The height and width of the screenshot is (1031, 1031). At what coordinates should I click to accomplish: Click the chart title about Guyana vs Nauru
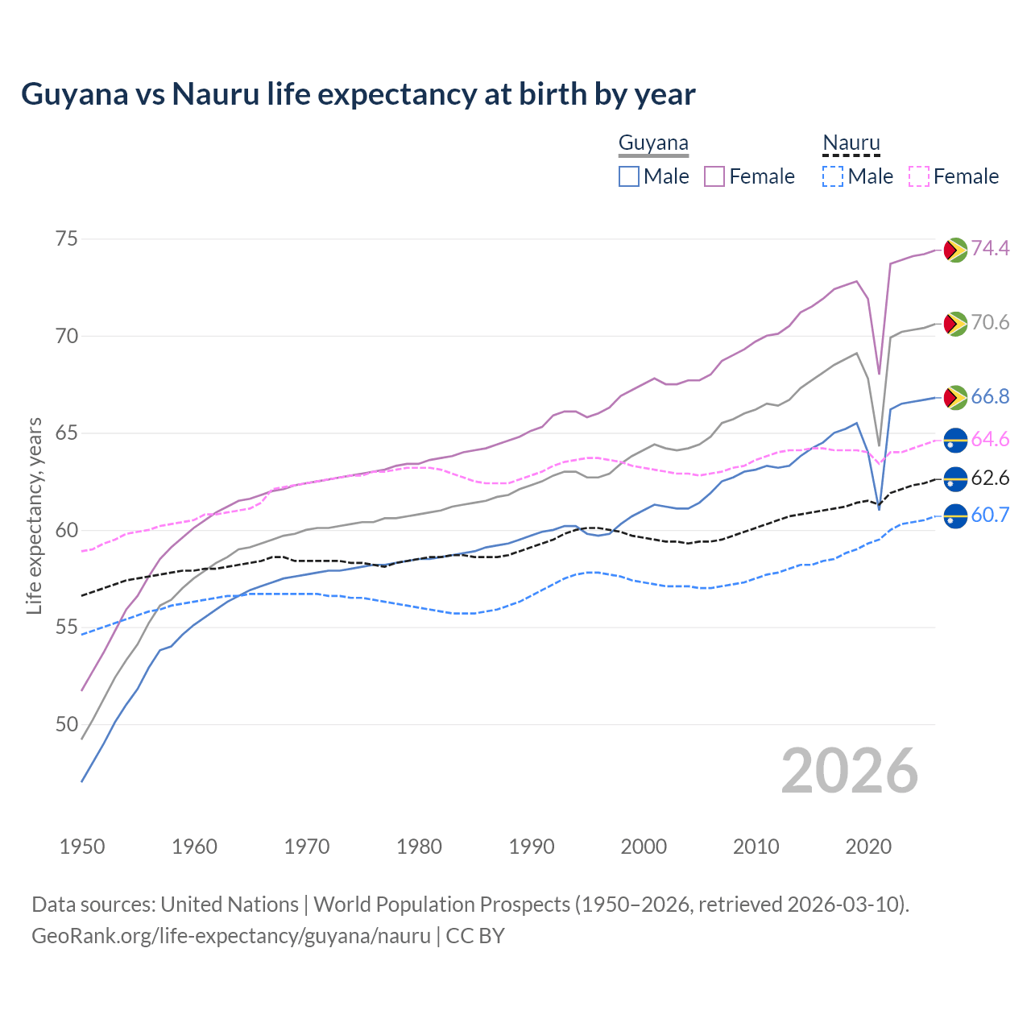[358, 94]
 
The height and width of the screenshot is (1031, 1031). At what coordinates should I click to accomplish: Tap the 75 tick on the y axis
[67, 239]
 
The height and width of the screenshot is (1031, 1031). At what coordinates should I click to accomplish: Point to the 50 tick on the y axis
[67, 724]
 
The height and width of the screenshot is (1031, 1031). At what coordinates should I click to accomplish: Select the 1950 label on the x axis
[82, 847]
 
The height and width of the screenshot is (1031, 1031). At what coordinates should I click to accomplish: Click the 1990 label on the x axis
[532, 847]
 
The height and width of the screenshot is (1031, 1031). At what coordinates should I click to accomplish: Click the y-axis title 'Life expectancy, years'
[34, 515]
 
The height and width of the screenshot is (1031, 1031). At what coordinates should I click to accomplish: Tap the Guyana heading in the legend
[653, 143]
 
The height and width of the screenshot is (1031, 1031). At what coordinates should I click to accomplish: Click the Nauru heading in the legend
[851, 143]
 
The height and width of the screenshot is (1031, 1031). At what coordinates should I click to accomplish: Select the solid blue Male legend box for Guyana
[629, 176]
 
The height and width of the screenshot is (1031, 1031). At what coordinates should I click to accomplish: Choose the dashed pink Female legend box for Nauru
[919, 176]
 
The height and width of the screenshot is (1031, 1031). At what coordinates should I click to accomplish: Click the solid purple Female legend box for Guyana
[714, 176]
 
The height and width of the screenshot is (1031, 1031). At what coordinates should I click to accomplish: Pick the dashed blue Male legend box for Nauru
[833, 176]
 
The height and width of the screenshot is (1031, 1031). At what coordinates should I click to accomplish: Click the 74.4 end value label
[990, 248]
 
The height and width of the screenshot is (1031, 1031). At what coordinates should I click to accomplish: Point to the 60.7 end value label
[990, 515]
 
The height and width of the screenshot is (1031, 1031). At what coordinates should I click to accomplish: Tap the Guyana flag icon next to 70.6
[954, 324]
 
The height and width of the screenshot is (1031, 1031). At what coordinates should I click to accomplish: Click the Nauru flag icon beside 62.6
[954, 478]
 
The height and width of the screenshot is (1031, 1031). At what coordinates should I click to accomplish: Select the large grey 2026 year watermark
[850, 771]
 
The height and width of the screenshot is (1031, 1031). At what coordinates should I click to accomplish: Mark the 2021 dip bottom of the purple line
[879, 374]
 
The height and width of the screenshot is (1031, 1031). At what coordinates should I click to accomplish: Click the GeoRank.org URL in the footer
[231, 936]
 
